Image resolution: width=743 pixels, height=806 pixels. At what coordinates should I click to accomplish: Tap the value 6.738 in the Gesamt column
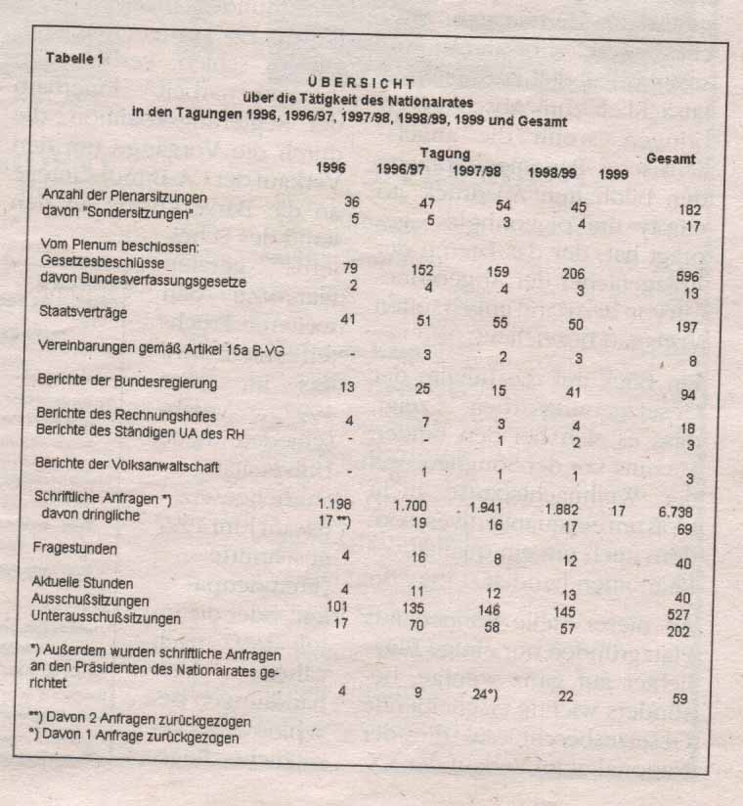(x=680, y=511)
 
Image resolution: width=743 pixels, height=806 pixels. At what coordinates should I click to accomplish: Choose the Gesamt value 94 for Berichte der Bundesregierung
(x=688, y=395)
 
